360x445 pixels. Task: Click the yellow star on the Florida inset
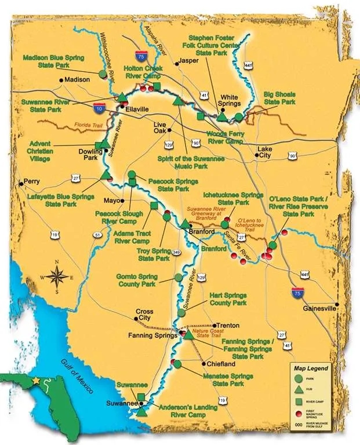tap(38, 381)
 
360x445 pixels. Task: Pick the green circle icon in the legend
tap(299, 380)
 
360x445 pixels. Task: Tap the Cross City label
tap(144, 315)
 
